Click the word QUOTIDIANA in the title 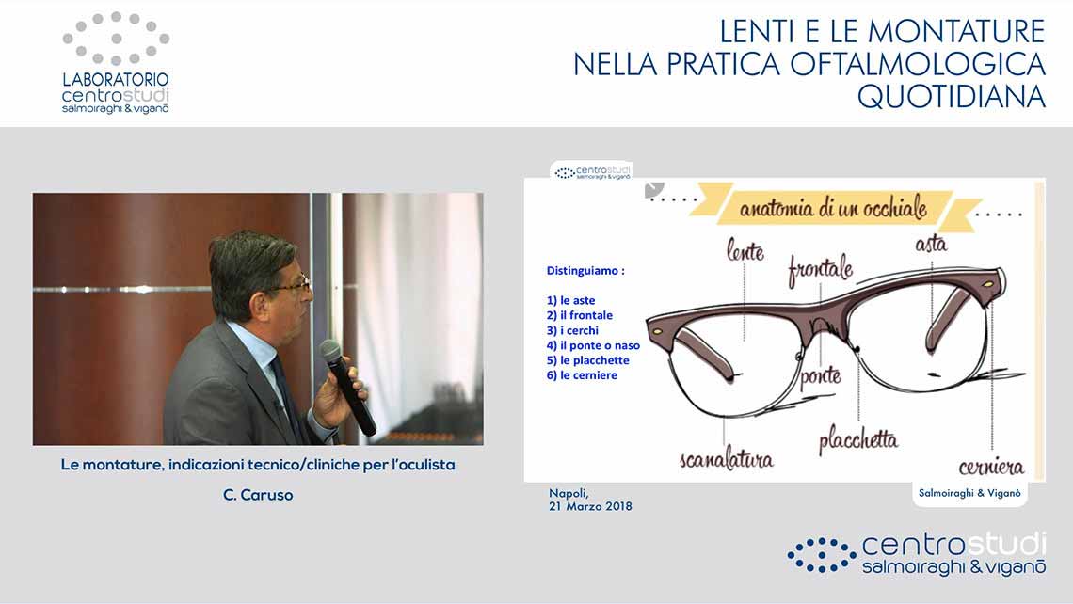pyautogui.click(x=952, y=97)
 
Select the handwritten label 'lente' pyautogui.click(x=745, y=250)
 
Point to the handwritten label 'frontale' pyautogui.click(x=820, y=269)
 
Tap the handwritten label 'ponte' pyautogui.click(x=821, y=375)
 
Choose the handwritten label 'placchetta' pyautogui.click(x=858, y=440)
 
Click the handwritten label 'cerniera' pyautogui.click(x=991, y=467)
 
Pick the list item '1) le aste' pyautogui.click(x=570, y=300)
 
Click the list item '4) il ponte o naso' pyautogui.click(x=593, y=345)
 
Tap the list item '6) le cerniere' pyautogui.click(x=582, y=375)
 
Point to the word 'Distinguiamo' pyautogui.click(x=583, y=271)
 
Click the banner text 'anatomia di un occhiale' pyautogui.click(x=833, y=208)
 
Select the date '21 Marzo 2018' pyautogui.click(x=590, y=507)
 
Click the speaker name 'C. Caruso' pyautogui.click(x=258, y=495)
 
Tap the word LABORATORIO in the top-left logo pyautogui.click(x=116, y=80)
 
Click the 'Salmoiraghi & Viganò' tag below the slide pyautogui.click(x=969, y=493)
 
